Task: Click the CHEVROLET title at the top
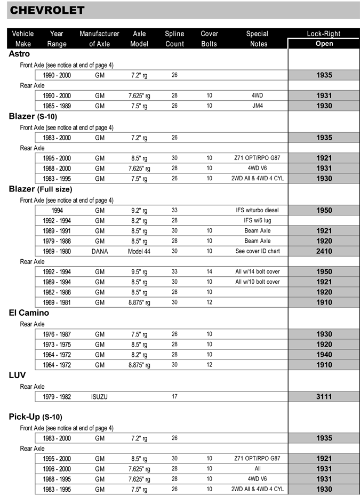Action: click(47, 10)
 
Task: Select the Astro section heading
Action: click(19, 54)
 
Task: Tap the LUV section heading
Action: click(17, 375)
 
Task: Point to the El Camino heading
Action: click(29, 313)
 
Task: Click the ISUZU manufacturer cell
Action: click(99, 396)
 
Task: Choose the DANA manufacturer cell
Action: click(99, 251)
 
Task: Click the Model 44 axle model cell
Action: click(139, 251)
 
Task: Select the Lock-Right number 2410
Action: click(324, 251)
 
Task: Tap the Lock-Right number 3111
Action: click(324, 396)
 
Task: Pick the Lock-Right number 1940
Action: click(324, 355)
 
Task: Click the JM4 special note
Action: click(257, 106)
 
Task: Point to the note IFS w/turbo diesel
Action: click(257, 210)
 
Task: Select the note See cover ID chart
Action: click(257, 251)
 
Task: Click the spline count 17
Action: click(174, 396)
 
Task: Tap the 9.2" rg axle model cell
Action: click(139, 210)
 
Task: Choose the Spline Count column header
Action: click(174, 38)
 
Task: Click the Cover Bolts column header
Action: click(209, 38)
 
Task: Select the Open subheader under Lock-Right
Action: click(324, 43)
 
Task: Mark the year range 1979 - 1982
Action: click(57, 396)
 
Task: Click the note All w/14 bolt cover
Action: click(257, 271)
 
